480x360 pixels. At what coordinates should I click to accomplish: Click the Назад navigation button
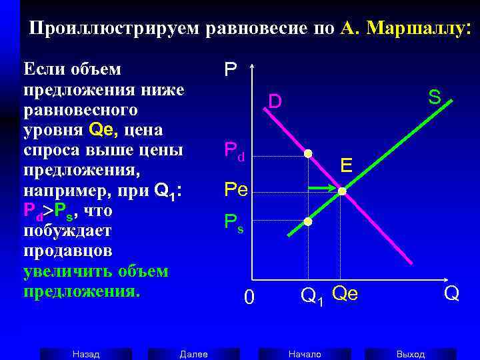click(86, 354)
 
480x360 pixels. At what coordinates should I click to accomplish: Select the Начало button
click(305, 354)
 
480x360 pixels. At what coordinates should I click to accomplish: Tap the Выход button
click(410, 354)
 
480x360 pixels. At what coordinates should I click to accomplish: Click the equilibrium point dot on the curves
click(342, 191)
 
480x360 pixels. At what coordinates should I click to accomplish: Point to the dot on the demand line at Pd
click(308, 154)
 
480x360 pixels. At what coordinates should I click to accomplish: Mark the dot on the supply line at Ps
click(308, 221)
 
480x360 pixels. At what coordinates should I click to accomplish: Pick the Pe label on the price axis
click(236, 190)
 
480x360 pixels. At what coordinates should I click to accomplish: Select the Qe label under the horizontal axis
click(345, 292)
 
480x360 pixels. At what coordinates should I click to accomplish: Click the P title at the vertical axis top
click(230, 69)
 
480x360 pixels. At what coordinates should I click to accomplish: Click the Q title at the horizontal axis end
click(451, 293)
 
